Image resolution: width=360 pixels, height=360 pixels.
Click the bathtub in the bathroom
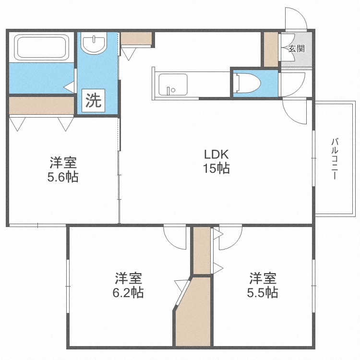(42, 48)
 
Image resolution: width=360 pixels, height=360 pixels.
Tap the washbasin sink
(94, 43)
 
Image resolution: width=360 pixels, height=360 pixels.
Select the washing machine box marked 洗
(93, 100)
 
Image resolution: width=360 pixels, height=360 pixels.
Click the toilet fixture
(249, 83)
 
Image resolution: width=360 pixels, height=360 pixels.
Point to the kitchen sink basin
(173, 84)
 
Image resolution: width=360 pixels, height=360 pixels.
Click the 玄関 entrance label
(297, 48)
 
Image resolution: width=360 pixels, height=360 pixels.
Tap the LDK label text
(216, 155)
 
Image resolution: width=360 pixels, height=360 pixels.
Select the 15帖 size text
(216, 168)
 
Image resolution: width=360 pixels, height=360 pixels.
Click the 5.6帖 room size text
(63, 177)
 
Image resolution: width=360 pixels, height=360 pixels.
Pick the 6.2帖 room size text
(128, 292)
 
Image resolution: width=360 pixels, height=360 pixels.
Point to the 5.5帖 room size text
(263, 292)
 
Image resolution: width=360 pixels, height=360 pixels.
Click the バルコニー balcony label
(335, 158)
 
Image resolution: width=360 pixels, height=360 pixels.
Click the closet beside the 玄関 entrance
(271, 49)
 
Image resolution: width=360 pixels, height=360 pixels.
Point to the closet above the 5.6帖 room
(42, 106)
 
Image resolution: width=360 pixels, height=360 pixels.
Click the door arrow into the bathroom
(69, 87)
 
